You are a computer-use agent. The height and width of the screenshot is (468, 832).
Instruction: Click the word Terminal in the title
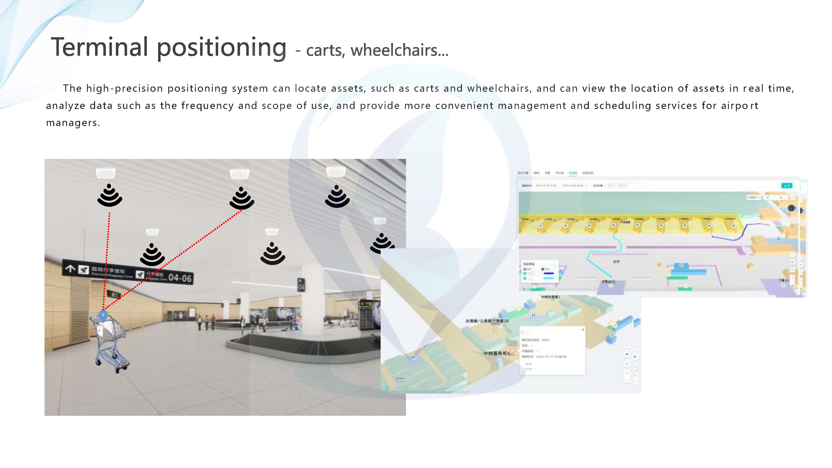coord(99,47)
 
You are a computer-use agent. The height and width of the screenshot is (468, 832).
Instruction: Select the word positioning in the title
coord(222,48)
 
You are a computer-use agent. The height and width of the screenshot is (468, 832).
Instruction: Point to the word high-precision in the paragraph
coord(124,88)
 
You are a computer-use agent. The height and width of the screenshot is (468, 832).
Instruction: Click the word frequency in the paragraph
coord(207,106)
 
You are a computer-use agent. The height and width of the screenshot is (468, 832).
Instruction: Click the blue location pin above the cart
coord(103,315)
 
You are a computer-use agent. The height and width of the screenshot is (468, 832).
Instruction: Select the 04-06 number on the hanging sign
coord(180,278)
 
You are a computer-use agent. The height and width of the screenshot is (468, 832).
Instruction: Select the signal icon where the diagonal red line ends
coord(241,198)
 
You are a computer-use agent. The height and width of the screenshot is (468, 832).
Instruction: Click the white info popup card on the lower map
coord(552,351)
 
